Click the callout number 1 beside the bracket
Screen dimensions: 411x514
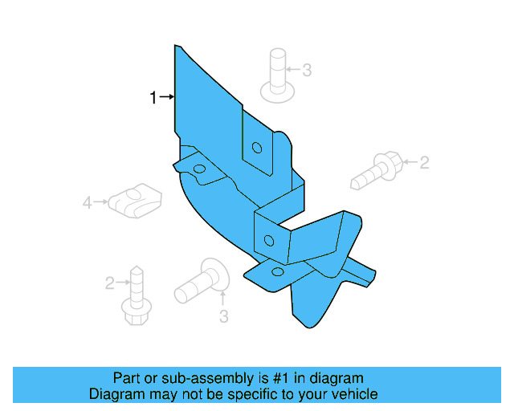[x=153, y=98]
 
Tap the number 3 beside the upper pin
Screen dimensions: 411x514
[x=307, y=71]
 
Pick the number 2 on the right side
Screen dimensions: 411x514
[x=424, y=163]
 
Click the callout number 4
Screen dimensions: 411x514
[x=88, y=204]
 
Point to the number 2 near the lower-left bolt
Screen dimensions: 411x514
[x=109, y=283]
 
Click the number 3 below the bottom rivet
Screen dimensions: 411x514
[x=224, y=315]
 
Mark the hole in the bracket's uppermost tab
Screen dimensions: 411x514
[x=257, y=148]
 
